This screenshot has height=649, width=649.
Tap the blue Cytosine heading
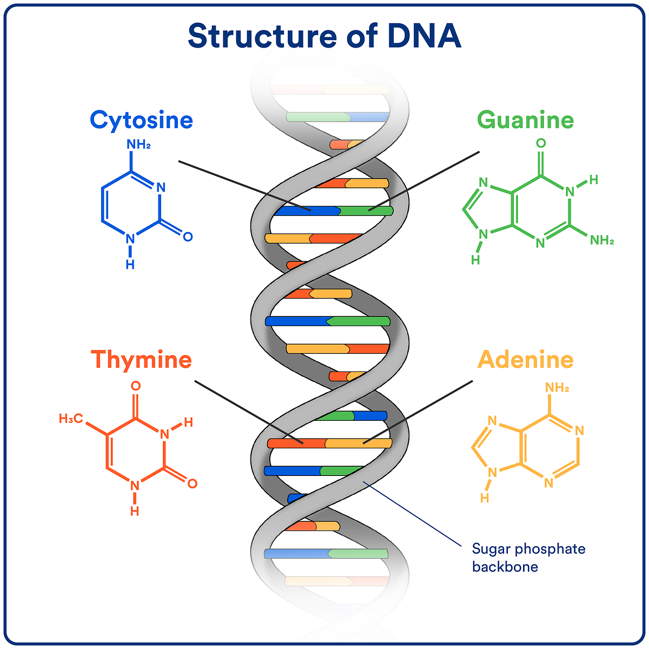point(141,120)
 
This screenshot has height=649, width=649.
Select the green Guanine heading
point(525,120)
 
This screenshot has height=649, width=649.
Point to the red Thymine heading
point(141,360)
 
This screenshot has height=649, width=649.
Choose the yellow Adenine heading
point(525,360)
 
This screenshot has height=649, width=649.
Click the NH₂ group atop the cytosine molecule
point(138,144)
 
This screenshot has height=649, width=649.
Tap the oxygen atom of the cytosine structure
point(188,236)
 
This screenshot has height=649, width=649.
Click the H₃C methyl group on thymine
point(71,418)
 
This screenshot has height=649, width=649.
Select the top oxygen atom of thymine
point(136,386)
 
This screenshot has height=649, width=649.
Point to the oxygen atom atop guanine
point(541,143)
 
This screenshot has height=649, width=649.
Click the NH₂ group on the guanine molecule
point(602,240)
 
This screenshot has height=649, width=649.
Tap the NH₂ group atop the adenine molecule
point(557,387)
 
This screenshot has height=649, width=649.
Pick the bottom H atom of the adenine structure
point(485,498)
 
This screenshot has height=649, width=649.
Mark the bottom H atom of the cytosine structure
point(130,264)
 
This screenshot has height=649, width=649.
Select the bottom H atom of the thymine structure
point(135,511)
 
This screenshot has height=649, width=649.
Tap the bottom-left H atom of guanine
point(475,260)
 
